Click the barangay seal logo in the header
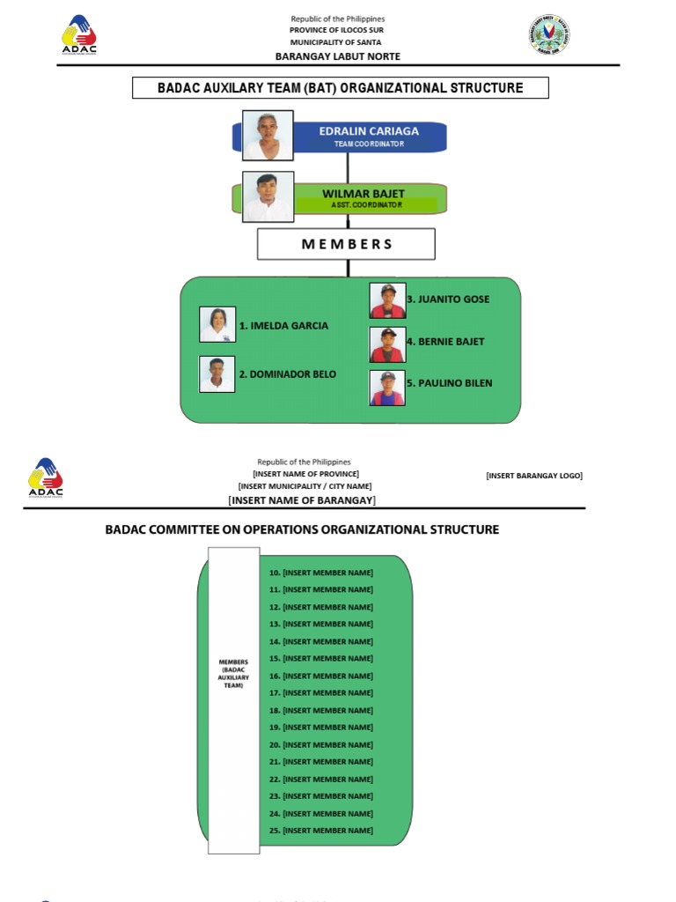point(550,34)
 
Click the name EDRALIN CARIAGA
point(368,131)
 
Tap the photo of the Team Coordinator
point(268,135)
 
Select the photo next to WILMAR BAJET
point(268,197)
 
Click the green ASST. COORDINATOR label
point(366,204)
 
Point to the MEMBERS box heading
point(346,244)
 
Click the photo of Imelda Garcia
point(217,325)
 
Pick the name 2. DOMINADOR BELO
point(287,373)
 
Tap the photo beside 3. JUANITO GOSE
point(387,300)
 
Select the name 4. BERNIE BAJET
point(445,341)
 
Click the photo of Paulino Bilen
point(387,388)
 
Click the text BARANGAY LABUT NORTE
point(338,56)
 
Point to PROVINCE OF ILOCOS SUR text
point(338,30)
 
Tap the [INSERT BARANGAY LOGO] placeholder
point(533,476)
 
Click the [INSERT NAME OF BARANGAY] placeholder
point(302,500)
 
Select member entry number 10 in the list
point(320,573)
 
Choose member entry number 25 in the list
point(320,831)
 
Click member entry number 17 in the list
point(320,693)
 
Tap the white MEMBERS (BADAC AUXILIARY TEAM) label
point(234,673)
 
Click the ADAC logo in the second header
point(46,478)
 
